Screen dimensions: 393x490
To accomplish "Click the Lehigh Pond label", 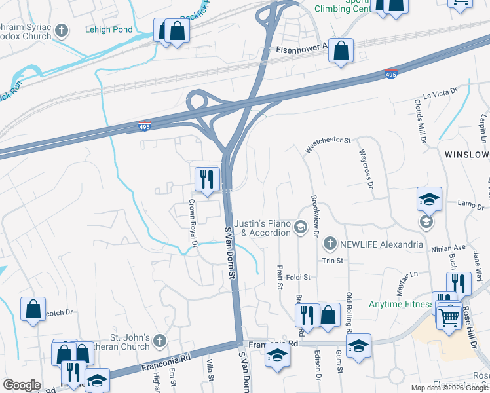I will [109, 29].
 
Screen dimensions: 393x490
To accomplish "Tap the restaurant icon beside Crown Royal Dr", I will [206, 179].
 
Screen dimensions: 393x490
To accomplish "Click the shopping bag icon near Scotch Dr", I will [33, 309].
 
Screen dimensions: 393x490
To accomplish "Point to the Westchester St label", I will [328, 145].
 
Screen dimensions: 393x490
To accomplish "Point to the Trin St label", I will [332, 260].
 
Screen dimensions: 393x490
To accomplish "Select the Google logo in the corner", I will [22, 385].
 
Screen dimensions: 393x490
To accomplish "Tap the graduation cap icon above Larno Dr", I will [429, 199].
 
